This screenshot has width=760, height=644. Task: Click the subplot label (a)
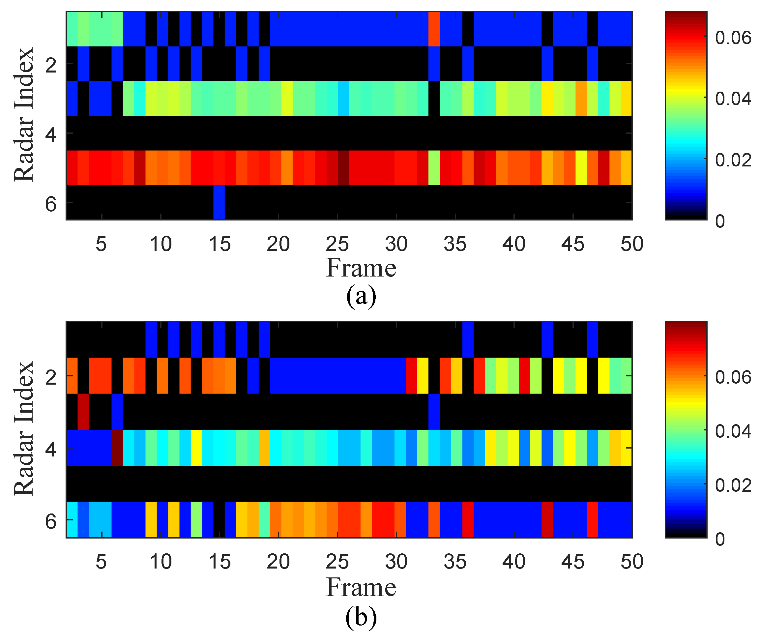pyautogui.click(x=361, y=296)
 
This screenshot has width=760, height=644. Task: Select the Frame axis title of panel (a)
pyautogui.click(x=361, y=268)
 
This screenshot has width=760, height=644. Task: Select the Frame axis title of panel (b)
pyautogui.click(x=361, y=588)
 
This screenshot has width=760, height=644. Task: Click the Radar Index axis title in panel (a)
pyautogui.click(x=24, y=114)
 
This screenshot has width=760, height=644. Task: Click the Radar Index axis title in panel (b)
pyautogui.click(x=24, y=429)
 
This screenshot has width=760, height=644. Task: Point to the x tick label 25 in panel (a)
pyautogui.click(x=337, y=244)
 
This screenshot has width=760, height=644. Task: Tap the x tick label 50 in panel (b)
pyautogui.click(x=631, y=562)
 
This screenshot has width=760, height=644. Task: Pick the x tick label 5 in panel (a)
pyautogui.click(x=101, y=244)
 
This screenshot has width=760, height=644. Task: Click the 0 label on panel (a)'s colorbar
pyautogui.click(x=720, y=221)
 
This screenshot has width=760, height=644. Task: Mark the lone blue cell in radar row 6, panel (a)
pyautogui.click(x=219, y=202)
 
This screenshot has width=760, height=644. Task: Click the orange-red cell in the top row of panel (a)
pyautogui.click(x=434, y=29)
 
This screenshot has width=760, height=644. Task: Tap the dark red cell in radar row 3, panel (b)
pyautogui.click(x=83, y=411)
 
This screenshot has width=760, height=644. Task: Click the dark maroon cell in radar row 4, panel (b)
pyautogui.click(x=117, y=448)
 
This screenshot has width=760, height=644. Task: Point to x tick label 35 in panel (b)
pyautogui.click(x=455, y=562)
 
